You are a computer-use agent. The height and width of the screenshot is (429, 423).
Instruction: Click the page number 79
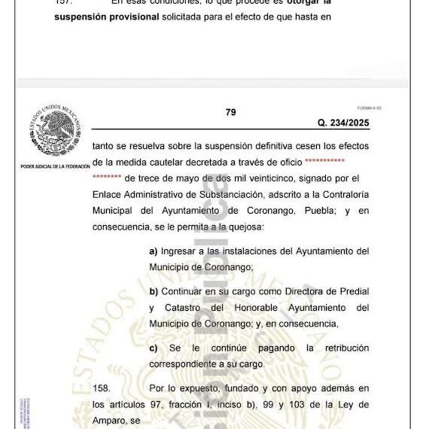(230, 112)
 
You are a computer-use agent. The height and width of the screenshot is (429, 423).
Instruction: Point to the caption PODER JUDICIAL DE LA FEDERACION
(55, 166)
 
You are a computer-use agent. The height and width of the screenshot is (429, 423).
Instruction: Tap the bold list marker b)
(154, 291)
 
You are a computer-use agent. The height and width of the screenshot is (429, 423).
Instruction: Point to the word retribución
(339, 348)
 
